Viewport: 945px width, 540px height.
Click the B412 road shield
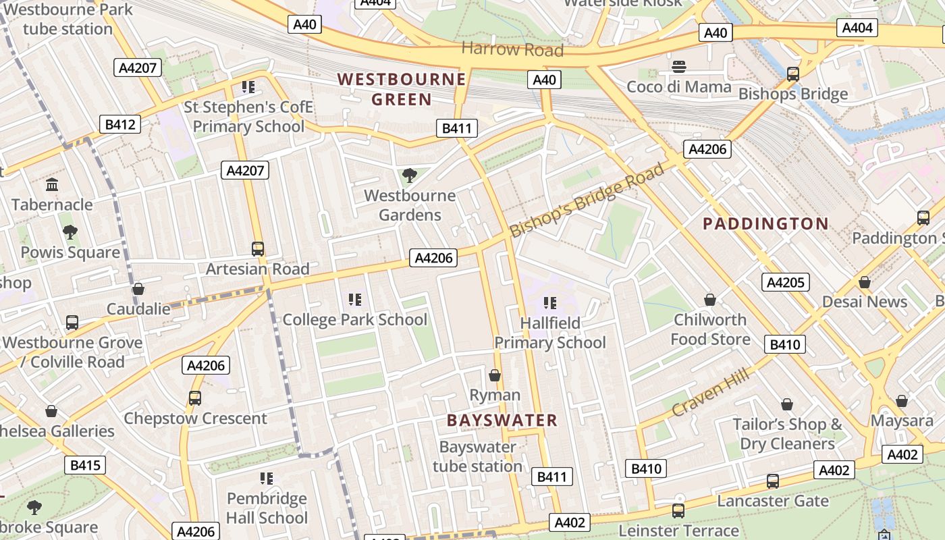pyautogui.click(x=120, y=124)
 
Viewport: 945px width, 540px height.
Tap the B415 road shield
pyautogui.click(x=85, y=465)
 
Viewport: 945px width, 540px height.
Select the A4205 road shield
pyautogui.click(x=786, y=282)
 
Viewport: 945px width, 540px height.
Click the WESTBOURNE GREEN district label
pyautogui.click(x=402, y=89)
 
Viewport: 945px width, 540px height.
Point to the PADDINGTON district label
pyautogui.click(x=766, y=224)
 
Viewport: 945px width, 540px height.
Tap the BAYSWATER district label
pyautogui.click(x=502, y=421)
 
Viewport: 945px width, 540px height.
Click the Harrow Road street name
pyautogui.click(x=512, y=49)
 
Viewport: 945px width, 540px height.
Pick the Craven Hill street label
pyautogui.click(x=710, y=394)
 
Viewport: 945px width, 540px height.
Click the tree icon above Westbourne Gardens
pyautogui.click(x=409, y=175)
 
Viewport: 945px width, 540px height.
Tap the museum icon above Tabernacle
pyautogui.click(x=52, y=184)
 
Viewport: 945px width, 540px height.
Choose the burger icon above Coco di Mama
pyautogui.click(x=679, y=66)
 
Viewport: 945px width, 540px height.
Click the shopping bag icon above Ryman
pyautogui.click(x=495, y=375)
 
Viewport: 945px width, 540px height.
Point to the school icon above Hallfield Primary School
pyautogui.click(x=550, y=303)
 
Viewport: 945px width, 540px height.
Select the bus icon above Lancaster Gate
pyautogui.click(x=773, y=481)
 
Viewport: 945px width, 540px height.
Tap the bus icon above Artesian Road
pyautogui.click(x=258, y=248)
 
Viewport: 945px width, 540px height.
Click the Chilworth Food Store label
pyautogui.click(x=710, y=329)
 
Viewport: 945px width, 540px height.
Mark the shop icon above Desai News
pyautogui.click(x=864, y=282)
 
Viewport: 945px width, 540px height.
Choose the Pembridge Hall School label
pyautogui.click(x=267, y=508)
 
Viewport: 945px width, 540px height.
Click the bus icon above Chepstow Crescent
pyautogui.click(x=195, y=398)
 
